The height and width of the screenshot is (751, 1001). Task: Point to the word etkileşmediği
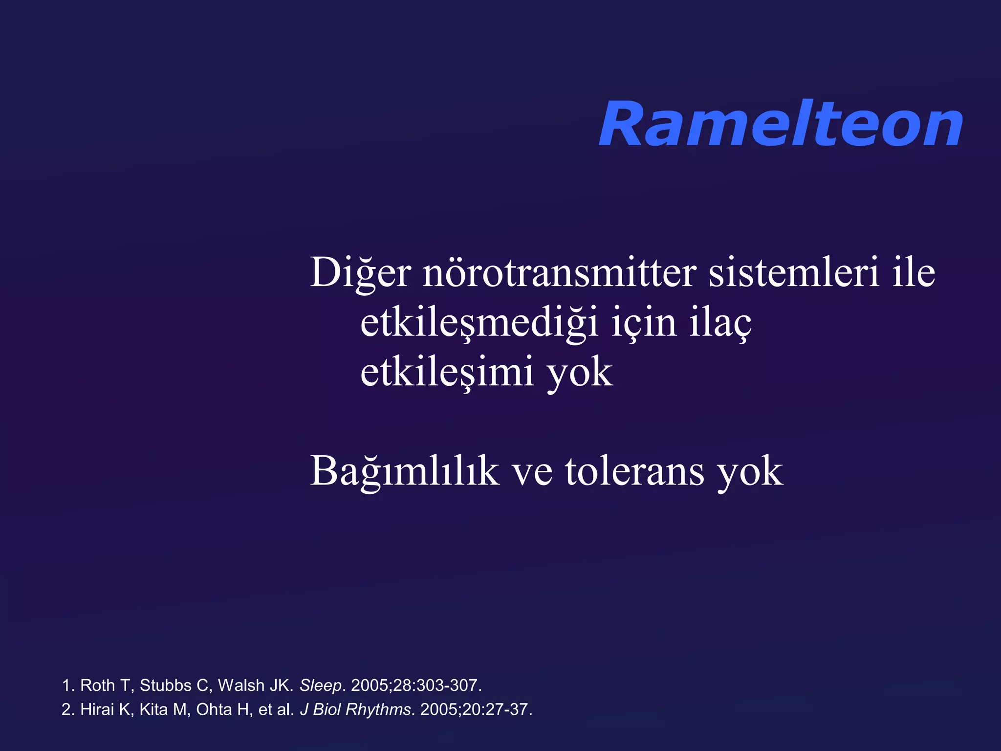click(479, 324)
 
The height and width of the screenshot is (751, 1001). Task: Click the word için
click(644, 324)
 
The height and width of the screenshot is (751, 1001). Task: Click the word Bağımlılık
click(405, 471)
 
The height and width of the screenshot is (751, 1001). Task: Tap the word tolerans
click(634, 471)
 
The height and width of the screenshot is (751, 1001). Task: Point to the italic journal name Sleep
click(321, 685)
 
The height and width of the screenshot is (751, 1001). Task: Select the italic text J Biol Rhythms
click(355, 709)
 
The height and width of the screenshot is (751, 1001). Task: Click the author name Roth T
click(105, 685)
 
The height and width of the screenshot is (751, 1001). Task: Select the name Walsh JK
click(255, 685)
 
